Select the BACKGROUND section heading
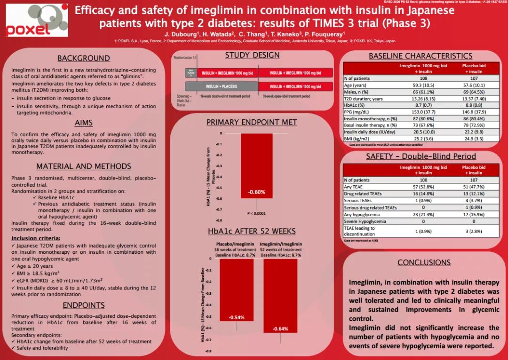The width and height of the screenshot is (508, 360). point(84,58)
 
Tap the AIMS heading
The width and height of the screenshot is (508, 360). point(84,123)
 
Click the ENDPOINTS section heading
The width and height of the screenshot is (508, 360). point(84,305)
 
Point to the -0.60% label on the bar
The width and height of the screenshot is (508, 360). point(257,192)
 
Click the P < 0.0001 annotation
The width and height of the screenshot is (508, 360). point(257,213)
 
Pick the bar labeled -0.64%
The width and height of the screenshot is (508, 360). point(280,296)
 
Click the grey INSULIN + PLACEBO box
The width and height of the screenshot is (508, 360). point(221,86)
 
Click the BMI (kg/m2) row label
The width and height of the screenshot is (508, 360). point(356,139)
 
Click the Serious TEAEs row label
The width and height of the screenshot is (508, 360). point(358,201)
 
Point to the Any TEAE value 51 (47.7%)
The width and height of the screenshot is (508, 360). point(474,187)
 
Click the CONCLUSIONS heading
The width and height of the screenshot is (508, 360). point(424,263)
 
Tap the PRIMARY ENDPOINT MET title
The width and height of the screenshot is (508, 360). point(252,123)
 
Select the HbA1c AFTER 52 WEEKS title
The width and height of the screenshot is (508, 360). point(252,231)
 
